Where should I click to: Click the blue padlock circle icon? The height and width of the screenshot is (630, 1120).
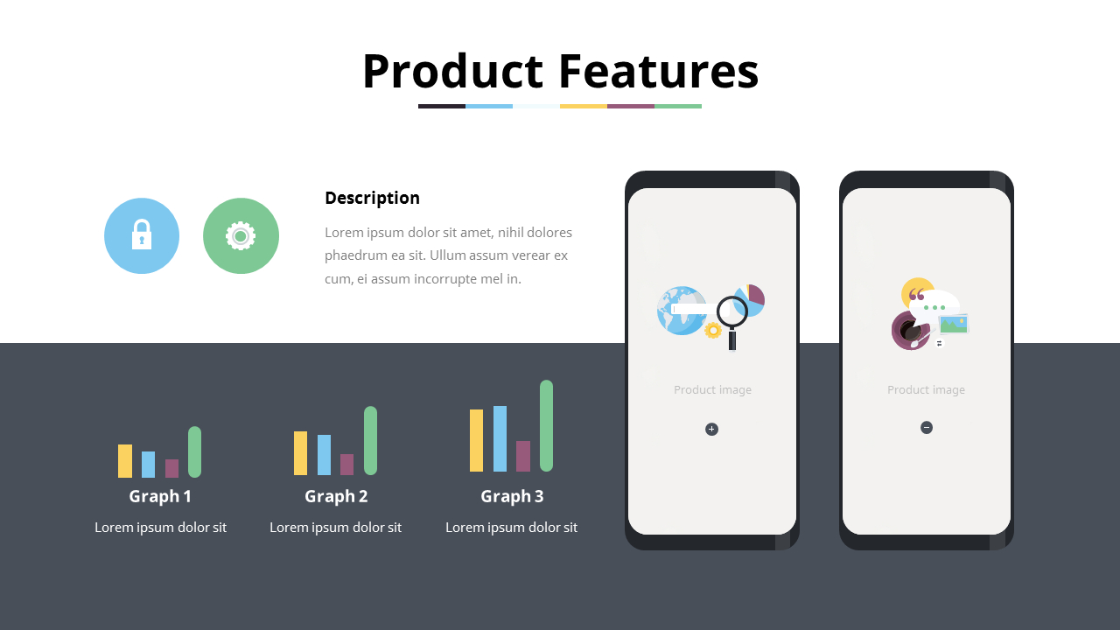tap(142, 235)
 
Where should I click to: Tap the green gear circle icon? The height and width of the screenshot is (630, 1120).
tap(241, 235)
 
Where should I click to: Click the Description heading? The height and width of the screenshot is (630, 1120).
tap(372, 198)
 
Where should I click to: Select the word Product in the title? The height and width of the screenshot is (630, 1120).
tap(452, 71)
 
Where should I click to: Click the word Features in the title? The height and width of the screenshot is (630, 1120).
tap(658, 71)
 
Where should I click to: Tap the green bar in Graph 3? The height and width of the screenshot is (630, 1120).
tap(546, 425)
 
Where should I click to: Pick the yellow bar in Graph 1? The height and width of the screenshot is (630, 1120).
tap(125, 460)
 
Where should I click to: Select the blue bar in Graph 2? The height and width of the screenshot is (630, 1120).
tap(324, 454)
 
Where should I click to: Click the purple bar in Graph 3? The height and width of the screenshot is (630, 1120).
tap(523, 456)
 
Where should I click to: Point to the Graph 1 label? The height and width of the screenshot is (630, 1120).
tap(160, 496)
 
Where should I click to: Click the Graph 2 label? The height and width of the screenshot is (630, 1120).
tap(336, 496)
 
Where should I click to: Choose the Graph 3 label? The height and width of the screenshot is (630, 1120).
tap(512, 496)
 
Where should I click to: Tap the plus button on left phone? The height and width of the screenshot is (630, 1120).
tap(711, 429)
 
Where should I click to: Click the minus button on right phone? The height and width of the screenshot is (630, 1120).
tap(927, 427)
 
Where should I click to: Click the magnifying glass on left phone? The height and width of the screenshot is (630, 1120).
tap(731, 315)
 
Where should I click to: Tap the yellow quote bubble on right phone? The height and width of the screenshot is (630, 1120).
tap(915, 291)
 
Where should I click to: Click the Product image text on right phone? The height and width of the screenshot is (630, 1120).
tap(926, 389)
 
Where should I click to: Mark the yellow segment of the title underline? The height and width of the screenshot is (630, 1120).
tap(584, 106)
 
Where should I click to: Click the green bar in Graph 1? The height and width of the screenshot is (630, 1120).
tap(194, 451)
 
